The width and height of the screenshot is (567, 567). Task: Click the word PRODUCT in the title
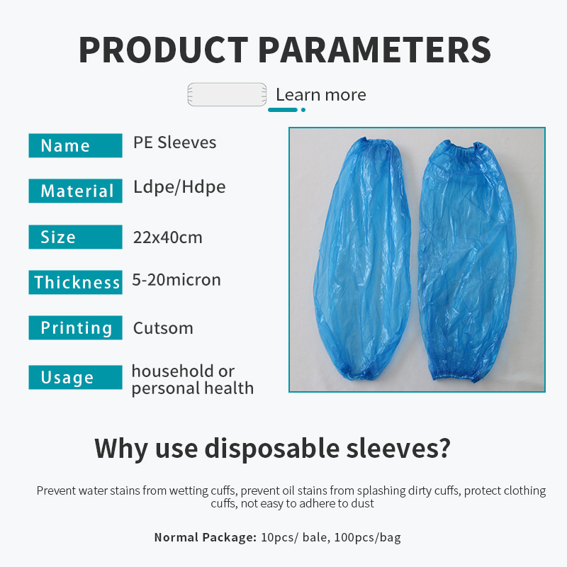(163, 50)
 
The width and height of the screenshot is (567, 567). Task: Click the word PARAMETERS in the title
(374, 50)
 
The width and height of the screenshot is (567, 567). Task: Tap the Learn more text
(320, 95)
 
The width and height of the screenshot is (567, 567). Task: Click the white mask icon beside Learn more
(227, 95)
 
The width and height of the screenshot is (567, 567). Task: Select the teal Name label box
(75, 145)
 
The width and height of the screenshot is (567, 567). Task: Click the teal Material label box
(75, 191)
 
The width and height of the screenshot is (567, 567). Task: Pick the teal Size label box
(75, 237)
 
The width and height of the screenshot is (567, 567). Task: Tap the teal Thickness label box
(75, 282)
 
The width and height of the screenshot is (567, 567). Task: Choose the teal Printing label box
(75, 328)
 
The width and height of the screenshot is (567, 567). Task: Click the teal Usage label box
(75, 378)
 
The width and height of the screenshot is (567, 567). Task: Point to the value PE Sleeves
(174, 142)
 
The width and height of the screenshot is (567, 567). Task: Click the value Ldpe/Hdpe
(179, 187)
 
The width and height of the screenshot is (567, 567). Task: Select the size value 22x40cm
(167, 237)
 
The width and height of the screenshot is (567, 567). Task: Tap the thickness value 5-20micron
(176, 280)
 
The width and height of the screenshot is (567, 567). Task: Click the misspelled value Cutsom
(163, 328)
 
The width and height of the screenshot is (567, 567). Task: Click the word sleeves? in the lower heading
(398, 448)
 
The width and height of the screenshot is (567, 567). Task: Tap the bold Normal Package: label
(205, 537)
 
